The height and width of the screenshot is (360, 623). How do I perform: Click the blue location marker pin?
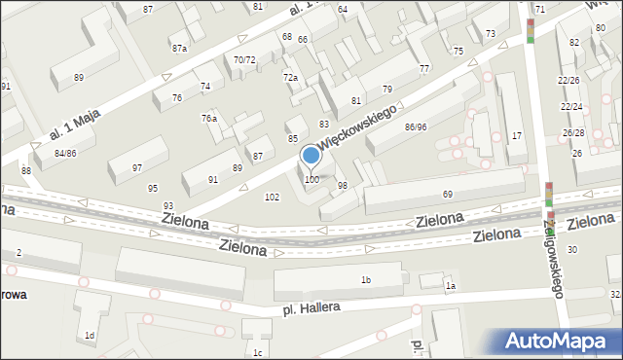(x=311, y=157)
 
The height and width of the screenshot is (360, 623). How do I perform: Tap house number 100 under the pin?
(x=311, y=180)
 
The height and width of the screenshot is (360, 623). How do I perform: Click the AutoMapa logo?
(x=561, y=341)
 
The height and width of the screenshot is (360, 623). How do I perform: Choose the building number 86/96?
(x=416, y=126)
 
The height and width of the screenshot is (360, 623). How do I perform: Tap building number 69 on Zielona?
(x=448, y=196)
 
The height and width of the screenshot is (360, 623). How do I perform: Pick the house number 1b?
(x=366, y=280)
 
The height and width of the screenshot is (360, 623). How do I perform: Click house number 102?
(x=273, y=197)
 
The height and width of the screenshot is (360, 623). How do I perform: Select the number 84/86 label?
(x=65, y=154)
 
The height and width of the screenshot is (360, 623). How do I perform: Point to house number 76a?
(x=209, y=118)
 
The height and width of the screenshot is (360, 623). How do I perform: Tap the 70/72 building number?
(x=244, y=59)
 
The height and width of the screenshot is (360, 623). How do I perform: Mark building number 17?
(x=517, y=135)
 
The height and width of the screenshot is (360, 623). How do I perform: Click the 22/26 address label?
(x=570, y=80)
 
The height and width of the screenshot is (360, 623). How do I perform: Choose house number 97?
(x=137, y=167)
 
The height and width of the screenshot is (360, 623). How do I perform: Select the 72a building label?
(x=290, y=77)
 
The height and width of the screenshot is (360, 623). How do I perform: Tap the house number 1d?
(x=90, y=335)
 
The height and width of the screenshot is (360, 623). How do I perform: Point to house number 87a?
(x=179, y=48)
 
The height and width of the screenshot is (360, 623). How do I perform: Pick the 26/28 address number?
(x=572, y=132)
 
